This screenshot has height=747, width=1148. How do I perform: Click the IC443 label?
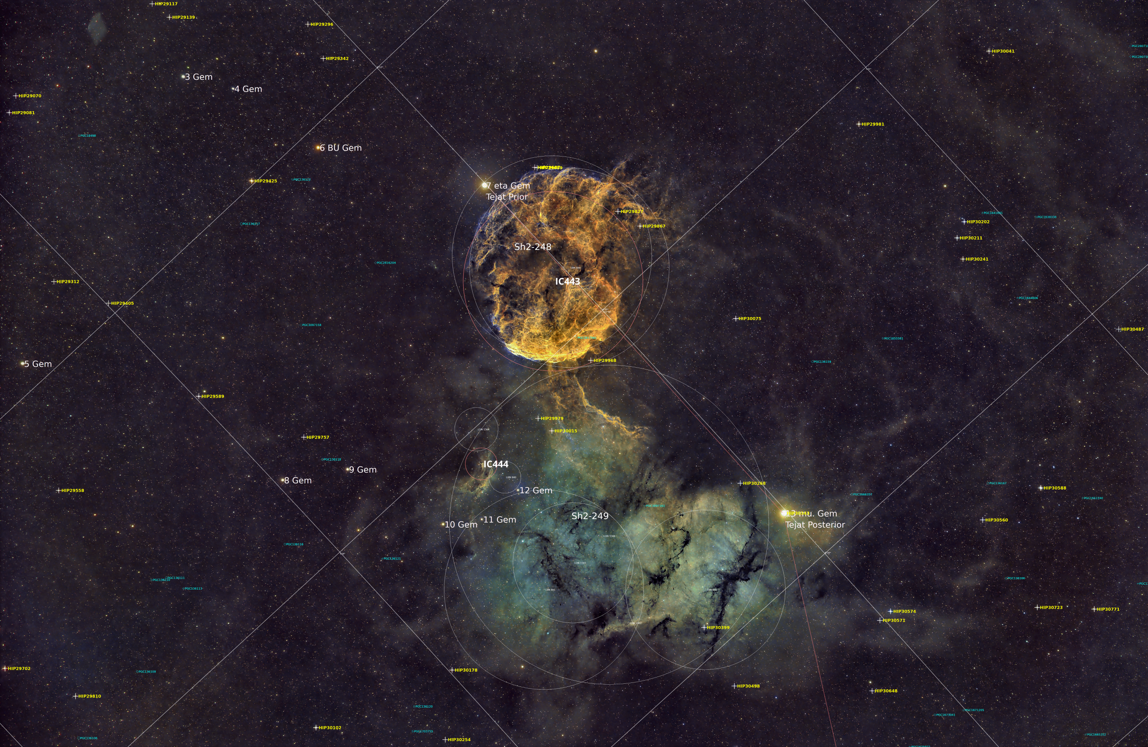[567, 282]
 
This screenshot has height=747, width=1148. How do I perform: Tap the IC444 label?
[496, 465]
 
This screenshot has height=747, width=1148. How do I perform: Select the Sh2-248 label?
[532, 247]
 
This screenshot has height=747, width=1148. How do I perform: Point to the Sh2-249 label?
[590, 516]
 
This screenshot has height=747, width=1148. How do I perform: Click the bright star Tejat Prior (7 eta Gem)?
[484, 185]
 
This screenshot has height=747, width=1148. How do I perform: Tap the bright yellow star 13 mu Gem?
[784, 513]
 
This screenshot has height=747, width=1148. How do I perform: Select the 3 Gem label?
[199, 77]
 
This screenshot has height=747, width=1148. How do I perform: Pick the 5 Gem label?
[38, 364]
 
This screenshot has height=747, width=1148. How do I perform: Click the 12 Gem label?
[535, 491]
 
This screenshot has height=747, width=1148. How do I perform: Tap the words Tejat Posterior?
[815, 525]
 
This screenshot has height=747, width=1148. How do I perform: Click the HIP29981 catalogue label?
[873, 124]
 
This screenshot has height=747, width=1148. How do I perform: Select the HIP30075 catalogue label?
[750, 319]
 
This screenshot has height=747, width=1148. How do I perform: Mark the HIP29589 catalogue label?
[212, 396]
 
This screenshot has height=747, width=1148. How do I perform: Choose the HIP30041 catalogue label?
[1003, 51]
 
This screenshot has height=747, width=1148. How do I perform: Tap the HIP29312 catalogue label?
[68, 282]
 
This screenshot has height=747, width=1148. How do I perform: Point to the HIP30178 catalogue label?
[465, 670]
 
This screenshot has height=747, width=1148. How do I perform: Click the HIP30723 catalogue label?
[1051, 608]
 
